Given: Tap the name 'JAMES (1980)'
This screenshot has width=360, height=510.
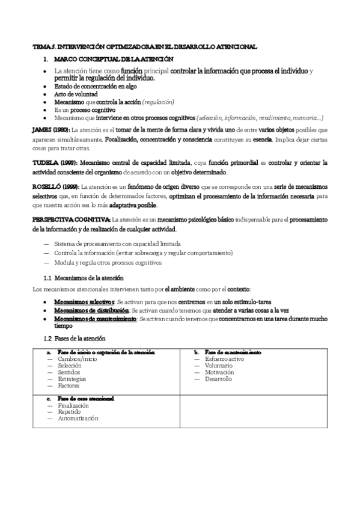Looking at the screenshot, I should [50, 131].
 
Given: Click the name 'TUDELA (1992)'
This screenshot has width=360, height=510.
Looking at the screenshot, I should [53, 163].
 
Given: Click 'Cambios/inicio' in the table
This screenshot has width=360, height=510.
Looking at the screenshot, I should [78, 358].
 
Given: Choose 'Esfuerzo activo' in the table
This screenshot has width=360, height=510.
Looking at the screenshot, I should [224, 358].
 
